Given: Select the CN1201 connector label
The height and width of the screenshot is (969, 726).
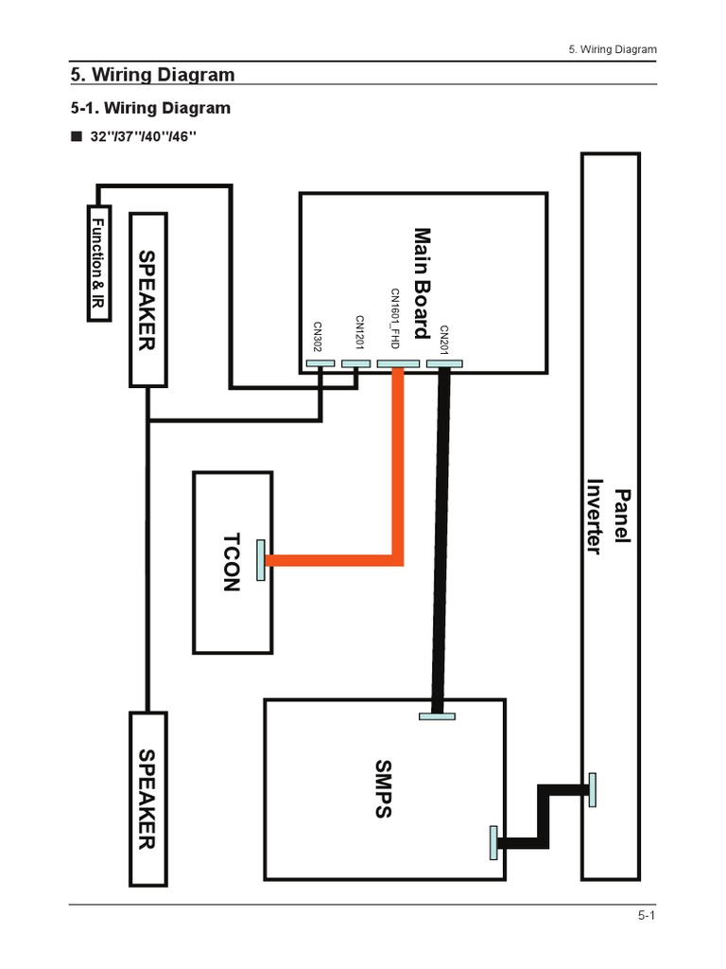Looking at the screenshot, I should pyautogui.click(x=359, y=334).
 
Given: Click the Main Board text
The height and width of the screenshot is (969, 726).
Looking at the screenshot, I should pyautogui.click(x=422, y=282).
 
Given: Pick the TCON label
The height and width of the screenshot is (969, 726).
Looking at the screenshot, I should pyautogui.click(x=232, y=561).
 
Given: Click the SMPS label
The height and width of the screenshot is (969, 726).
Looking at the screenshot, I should pyautogui.click(x=382, y=787).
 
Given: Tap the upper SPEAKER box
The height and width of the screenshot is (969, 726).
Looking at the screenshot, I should pyautogui.click(x=147, y=298).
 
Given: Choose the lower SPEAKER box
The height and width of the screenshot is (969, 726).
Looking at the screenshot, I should pyautogui.click(x=147, y=799).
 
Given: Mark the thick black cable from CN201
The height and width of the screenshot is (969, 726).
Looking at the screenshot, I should pyautogui.click(x=440, y=539).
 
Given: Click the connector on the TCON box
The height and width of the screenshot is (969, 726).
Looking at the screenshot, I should pyautogui.click(x=261, y=559).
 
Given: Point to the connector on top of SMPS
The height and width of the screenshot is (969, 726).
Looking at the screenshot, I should pyautogui.click(x=436, y=715).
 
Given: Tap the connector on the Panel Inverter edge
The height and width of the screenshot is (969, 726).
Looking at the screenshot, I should pyautogui.click(x=592, y=789).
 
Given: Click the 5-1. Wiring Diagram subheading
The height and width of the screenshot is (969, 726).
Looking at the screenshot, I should pyautogui.click(x=150, y=108).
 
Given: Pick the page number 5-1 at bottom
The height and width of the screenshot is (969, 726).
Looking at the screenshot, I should pyautogui.click(x=647, y=916).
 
